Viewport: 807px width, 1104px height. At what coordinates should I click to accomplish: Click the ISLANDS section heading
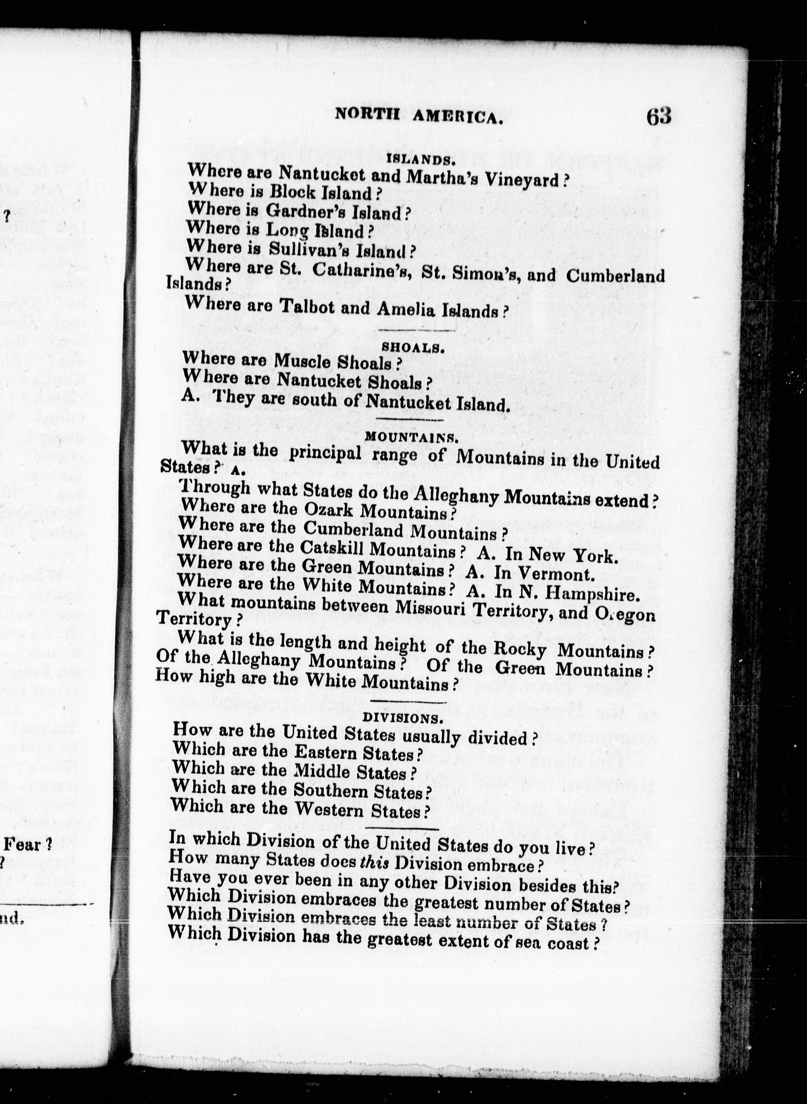pos(421,159)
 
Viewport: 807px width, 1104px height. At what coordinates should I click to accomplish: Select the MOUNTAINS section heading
pos(411,437)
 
